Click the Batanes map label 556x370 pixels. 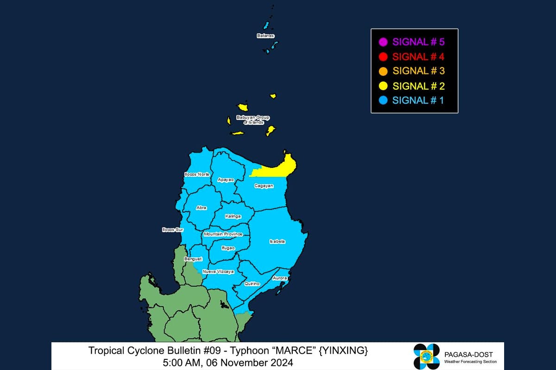point(265,36)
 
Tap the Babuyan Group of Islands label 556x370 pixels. point(253,120)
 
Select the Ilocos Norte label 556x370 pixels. point(196,174)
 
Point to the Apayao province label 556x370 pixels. point(226,179)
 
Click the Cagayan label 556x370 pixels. point(264,185)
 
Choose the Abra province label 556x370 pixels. point(201,208)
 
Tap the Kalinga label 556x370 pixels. point(233,216)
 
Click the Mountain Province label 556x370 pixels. point(223,234)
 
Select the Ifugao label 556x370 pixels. point(228,248)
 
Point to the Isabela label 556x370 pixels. point(277,241)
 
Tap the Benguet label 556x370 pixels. point(193,259)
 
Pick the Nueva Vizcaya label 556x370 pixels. point(218,271)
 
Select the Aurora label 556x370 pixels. point(280,278)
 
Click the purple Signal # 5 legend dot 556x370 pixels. point(383,42)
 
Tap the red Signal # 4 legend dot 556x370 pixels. point(383,57)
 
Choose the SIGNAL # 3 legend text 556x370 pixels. point(418,71)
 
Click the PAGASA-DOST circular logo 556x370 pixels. point(426,357)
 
